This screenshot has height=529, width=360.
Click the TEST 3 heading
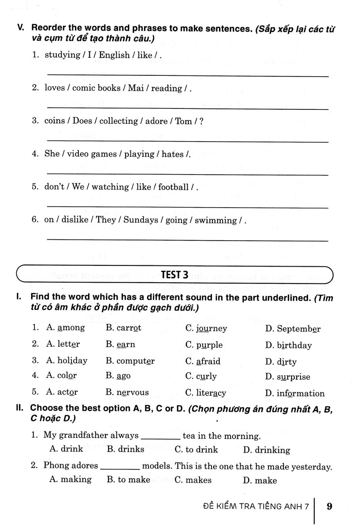[x=174, y=275]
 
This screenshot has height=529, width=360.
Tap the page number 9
[x=329, y=506]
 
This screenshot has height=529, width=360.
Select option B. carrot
[x=123, y=328]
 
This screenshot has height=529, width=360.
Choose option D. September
[x=293, y=328]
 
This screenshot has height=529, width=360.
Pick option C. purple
[x=204, y=345]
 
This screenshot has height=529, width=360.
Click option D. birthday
[x=288, y=345]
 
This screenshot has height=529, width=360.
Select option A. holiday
[x=67, y=361]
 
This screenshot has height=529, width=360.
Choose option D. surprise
[x=287, y=377]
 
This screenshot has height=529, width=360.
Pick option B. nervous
[x=127, y=392]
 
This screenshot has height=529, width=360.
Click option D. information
[x=295, y=393]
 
